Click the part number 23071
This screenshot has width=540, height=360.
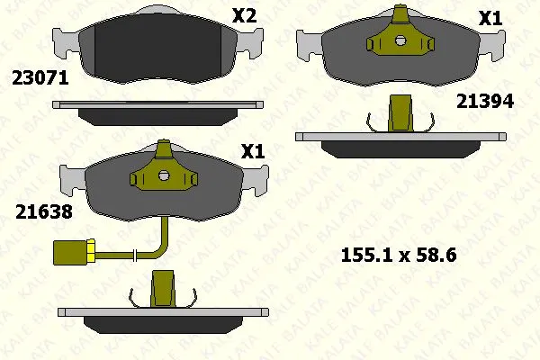(x=40, y=78)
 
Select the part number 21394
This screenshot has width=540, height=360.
(x=485, y=102)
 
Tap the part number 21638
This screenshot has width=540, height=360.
(x=44, y=211)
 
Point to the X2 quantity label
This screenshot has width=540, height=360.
(x=245, y=16)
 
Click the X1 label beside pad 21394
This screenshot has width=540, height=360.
(x=490, y=18)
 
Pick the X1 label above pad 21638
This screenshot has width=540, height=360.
(x=253, y=151)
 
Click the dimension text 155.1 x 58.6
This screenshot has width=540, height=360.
(x=399, y=256)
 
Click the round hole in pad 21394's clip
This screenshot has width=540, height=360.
(x=400, y=41)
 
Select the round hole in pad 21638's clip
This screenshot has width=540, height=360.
(x=164, y=175)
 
